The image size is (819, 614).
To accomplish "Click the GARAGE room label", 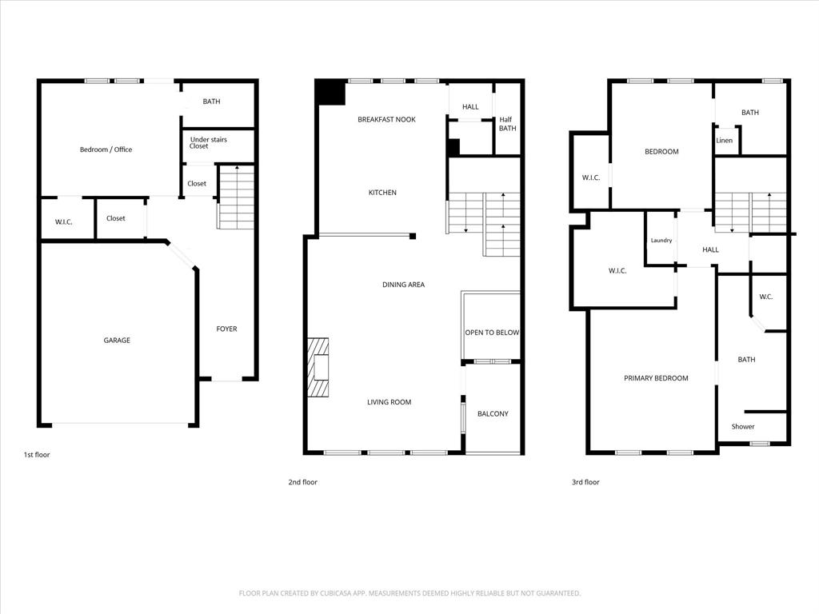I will pyautogui.click(x=117, y=341).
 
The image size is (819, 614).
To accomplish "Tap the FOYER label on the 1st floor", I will pyautogui.click(x=227, y=329).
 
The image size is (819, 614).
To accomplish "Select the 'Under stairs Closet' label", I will pyautogui.click(x=209, y=143).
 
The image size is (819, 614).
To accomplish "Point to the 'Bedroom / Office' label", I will pyautogui.click(x=106, y=150).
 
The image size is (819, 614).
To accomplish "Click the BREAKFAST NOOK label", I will pyautogui.click(x=386, y=119).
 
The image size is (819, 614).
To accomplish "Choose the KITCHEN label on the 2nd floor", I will pyautogui.click(x=382, y=193).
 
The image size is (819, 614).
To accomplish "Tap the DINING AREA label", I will pyautogui.click(x=403, y=285).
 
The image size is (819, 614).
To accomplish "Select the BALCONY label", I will pyautogui.click(x=493, y=414).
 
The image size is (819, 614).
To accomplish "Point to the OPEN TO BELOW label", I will pyautogui.click(x=492, y=333).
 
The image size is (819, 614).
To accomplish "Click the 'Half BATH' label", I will pyautogui.click(x=508, y=124).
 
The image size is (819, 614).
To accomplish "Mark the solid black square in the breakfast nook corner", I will pyautogui.click(x=330, y=92).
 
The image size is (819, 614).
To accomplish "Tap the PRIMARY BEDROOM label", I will pyautogui.click(x=656, y=378).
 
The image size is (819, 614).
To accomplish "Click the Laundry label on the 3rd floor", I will pyautogui.click(x=661, y=241).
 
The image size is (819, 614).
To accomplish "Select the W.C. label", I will pyautogui.click(x=765, y=297).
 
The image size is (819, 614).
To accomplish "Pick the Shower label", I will pyautogui.click(x=743, y=427).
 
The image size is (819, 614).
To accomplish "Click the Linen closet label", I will pyautogui.click(x=725, y=141).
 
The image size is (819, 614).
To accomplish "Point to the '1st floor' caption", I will pyautogui.click(x=37, y=455).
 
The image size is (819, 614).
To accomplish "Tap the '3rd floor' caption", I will pyautogui.click(x=585, y=482).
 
